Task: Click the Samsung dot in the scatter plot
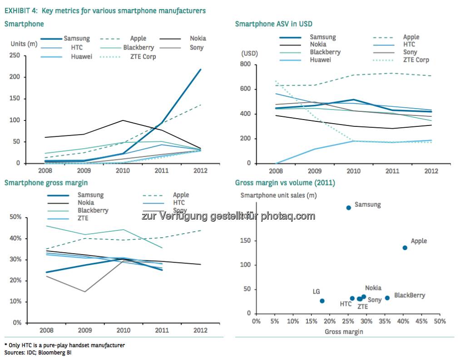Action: click(349, 207)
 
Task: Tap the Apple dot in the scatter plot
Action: click(405, 248)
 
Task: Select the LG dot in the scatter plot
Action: click(322, 301)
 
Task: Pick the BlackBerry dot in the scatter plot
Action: click(387, 298)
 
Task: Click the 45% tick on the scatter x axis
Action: click(421, 322)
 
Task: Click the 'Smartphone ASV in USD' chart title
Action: click(273, 24)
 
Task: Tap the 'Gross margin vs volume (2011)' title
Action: click(285, 183)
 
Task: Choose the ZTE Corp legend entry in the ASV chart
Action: click(416, 60)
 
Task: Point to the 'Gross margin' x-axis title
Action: click(344, 332)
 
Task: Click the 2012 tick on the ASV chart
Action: click(431, 171)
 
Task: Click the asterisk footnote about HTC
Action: click(64, 345)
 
